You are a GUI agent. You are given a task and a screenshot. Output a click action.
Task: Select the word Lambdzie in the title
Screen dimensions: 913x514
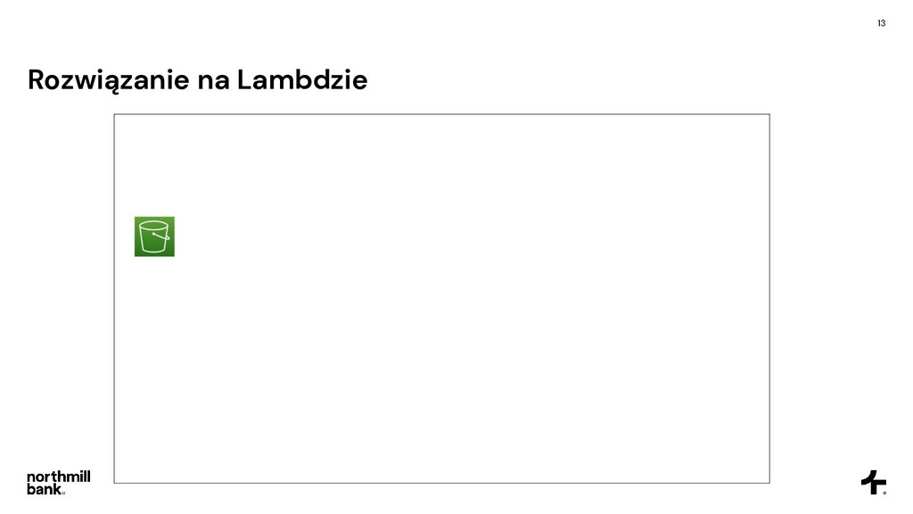(x=301, y=81)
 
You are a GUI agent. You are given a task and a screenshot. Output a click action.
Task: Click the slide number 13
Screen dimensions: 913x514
(x=881, y=22)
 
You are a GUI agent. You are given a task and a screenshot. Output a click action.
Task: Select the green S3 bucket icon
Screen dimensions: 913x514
(x=154, y=236)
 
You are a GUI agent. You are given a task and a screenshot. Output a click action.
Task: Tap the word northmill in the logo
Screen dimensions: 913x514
(x=58, y=477)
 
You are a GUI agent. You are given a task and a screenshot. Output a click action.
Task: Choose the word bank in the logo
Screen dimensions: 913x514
(x=45, y=489)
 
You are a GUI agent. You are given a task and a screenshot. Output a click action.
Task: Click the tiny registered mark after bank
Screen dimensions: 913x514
(x=63, y=492)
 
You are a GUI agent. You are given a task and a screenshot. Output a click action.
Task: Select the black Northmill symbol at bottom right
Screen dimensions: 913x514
(x=873, y=482)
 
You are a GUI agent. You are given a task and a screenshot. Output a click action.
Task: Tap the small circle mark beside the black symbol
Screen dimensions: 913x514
(x=884, y=492)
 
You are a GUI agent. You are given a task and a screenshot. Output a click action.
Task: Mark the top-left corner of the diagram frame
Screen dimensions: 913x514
(x=114, y=114)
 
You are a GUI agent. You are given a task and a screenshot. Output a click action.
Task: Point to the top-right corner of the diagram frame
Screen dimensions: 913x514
(x=769, y=114)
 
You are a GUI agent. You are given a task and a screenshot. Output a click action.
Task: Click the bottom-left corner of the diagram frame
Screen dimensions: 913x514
(x=114, y=483)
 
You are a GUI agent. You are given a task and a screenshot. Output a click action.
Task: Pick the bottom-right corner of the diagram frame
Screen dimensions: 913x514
(x=769, y=483)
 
